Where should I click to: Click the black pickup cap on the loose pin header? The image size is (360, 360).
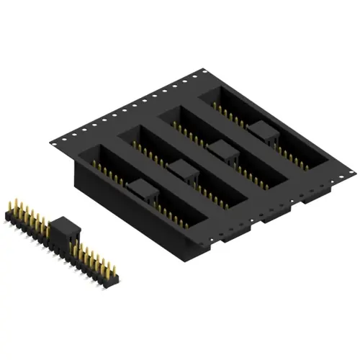[68, 231]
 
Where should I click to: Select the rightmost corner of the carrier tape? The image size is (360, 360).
[355, 171]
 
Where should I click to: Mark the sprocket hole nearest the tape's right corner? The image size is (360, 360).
[349, 171]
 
